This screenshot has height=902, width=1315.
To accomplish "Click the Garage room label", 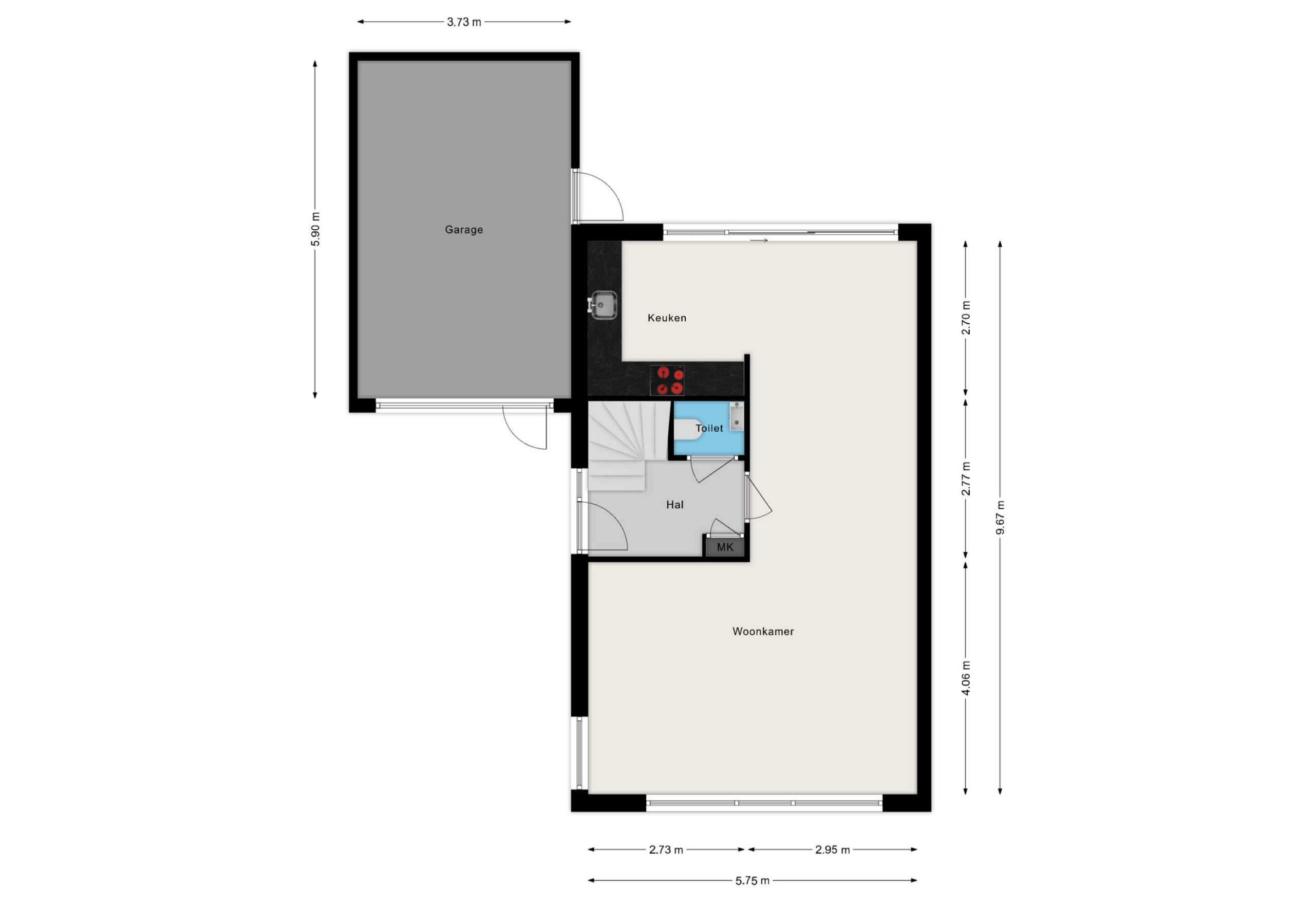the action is coord(463,230).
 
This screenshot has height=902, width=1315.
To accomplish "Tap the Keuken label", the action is coord(667,318).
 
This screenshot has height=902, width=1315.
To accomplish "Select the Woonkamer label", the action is coord(763,631).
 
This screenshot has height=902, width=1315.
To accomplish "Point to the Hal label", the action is coord(675,505).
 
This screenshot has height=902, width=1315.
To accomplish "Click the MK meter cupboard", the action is coord(725,547).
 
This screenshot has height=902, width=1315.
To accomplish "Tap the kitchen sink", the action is coord(603,305).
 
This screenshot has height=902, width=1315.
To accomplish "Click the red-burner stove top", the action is coord(667,380).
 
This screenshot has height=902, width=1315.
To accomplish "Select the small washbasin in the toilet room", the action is coord(736,416).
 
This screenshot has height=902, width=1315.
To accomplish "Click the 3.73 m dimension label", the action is coord(464,22).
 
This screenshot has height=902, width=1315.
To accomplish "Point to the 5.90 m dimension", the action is coord(316,229).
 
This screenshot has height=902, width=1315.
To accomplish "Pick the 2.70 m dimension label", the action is coord(966,318).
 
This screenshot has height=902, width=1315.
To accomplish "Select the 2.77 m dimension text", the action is coord(966,479).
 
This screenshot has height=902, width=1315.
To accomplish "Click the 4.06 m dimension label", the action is coord(966,678).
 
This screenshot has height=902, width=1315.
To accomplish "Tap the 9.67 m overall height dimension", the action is coord(1001,518).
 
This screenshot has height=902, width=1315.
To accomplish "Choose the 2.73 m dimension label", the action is coord(666,850).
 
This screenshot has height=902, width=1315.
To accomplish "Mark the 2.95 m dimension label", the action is coord(832,850).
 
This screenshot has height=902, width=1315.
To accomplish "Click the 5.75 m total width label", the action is coord(753,881).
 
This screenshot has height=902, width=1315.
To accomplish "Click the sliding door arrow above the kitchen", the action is coord(759,241).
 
